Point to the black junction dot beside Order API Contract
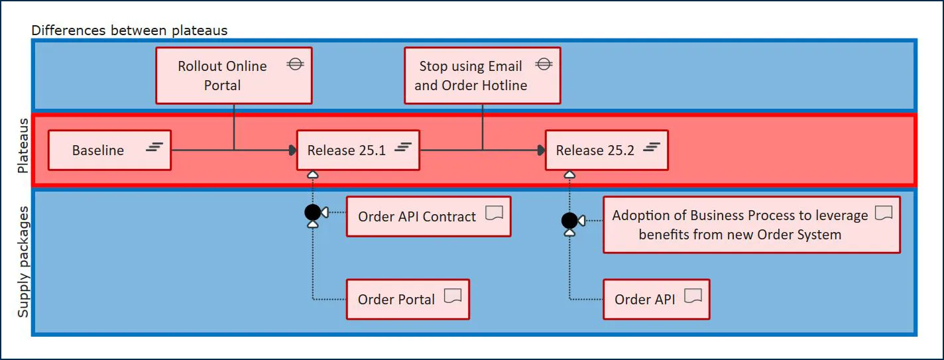click(x=312, y=212)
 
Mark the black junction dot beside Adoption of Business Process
click(x=569, y=220)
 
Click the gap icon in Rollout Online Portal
click(x=295, y=64)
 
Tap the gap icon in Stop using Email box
click(x=544, y=64)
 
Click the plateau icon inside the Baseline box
click(x=154, y=147)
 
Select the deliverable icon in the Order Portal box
click(x=453, y=296)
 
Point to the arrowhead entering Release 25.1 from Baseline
click(x=293, y=150)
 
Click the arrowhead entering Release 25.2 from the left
click(x=541, y=150)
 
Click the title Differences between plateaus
click(x=129, y=30)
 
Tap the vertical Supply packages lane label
click(x=23, y=262)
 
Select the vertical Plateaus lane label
click(x=23, y=147)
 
